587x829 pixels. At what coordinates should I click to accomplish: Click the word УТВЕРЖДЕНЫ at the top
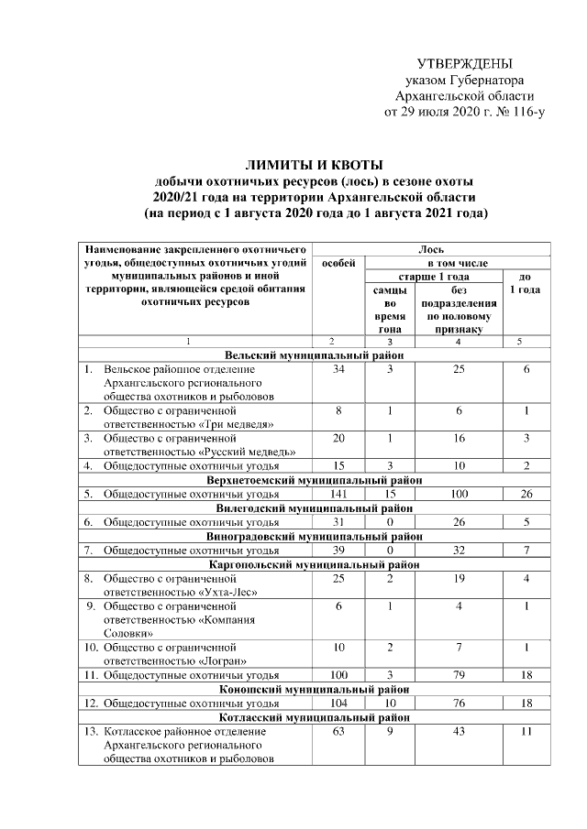[x=464, y=64]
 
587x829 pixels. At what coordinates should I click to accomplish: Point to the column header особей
[x=338, y=262]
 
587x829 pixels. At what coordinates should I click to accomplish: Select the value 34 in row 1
[x=338, y=369]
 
